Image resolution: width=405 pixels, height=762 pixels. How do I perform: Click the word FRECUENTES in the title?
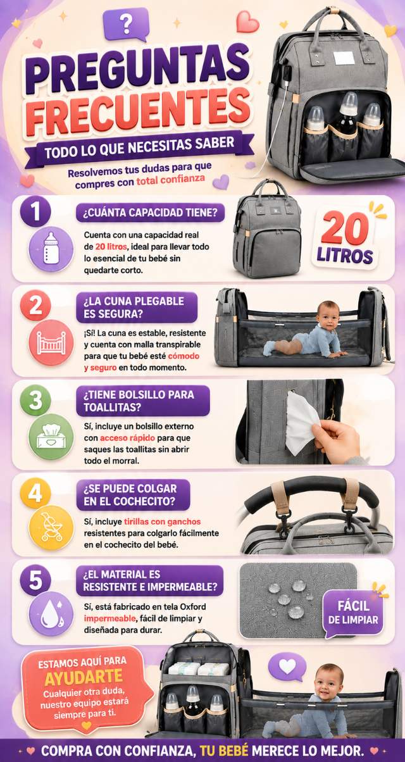(138, 111)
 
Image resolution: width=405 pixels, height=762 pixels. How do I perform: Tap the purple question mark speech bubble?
(126, 24)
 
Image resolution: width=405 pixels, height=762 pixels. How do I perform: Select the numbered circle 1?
(35, 211)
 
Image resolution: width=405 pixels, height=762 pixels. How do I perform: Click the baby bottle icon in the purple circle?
(51, 249)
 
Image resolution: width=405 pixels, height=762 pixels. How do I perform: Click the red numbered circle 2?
(35, 306)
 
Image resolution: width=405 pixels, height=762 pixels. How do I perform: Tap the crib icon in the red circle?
(51, 342)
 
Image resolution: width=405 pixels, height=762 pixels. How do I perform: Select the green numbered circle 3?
(35, 400)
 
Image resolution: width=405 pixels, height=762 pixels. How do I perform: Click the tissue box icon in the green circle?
(51, 437)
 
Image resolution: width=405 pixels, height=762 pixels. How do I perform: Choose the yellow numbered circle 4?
(35, 493)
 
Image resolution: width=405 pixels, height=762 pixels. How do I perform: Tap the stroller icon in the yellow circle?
(51, 528)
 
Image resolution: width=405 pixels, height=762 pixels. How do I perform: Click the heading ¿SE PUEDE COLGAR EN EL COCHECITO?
(133, 495)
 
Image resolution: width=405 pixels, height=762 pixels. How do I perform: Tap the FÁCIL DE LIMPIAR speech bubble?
(352, 613)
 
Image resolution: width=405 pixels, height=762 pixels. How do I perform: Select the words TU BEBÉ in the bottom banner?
(224, 750)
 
